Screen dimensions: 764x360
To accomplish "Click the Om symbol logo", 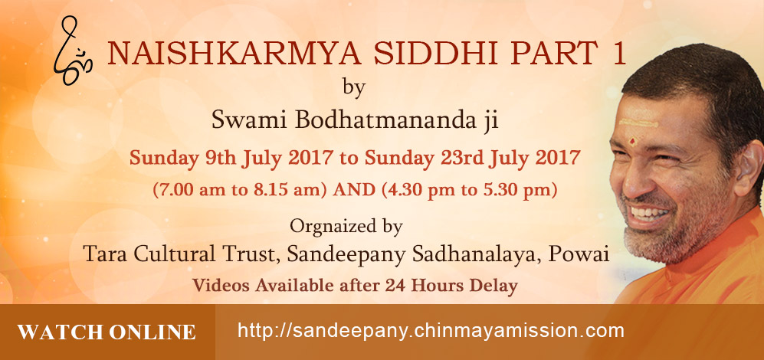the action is tap(73, 51).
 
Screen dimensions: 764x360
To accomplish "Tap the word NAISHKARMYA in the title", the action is tap(234, 54).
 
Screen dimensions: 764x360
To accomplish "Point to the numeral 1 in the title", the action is tap(620, 54).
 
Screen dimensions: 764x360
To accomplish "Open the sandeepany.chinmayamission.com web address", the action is tap(431, 331).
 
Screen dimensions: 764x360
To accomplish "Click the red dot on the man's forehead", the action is tap(633, 142).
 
